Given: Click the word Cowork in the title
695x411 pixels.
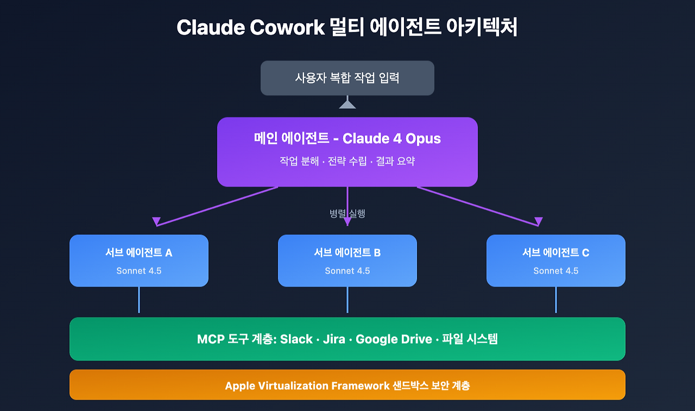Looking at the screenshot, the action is tap(287, 27).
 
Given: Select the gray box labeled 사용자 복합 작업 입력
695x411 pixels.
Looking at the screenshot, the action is tap(347, 78).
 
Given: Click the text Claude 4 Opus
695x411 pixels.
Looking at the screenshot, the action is tap(391, 139).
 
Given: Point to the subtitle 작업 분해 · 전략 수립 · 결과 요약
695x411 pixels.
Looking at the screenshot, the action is tap(347, 161).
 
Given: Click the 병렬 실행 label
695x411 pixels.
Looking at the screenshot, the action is tap(347, 214).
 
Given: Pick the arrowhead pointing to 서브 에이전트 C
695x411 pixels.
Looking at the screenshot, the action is tap(538, 221).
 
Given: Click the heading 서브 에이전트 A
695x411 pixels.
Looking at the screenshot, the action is tap(138, 253).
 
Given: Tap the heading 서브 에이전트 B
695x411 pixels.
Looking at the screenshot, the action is tap(347, 253).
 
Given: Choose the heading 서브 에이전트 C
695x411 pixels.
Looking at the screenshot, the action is tap(555, 253).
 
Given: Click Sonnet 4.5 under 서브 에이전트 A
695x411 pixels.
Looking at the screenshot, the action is tap(138, 271).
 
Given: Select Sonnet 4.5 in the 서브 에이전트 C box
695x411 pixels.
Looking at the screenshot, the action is tap(555, 271).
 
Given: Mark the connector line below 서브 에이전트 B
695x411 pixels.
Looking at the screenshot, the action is tap(347, 300).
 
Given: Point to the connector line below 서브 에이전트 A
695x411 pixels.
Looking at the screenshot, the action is tap(138, 300).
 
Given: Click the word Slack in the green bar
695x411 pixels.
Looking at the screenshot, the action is tap(296, 339).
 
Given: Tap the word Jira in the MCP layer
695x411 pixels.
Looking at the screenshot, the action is tap(334, 339).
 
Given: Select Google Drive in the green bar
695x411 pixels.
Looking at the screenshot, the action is tap(394, 339).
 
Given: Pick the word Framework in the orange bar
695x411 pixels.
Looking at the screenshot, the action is tap(360, 386).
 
